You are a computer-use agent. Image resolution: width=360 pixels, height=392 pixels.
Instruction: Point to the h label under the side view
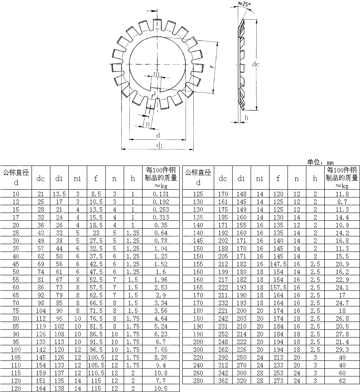click(247, 118)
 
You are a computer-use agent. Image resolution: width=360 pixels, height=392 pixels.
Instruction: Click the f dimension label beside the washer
click(211, 68)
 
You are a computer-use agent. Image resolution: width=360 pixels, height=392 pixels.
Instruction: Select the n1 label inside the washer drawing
click(156, 74)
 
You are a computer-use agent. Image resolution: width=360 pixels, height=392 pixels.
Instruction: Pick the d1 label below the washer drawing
click(159, 145)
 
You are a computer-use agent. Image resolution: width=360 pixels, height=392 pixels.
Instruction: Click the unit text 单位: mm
click(321, 162)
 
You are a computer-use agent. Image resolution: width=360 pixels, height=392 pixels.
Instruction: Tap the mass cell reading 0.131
click(161, 194)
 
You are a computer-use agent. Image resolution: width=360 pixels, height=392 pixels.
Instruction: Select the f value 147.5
click(278, 264)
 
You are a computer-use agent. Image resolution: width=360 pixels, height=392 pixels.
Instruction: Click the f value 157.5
click(278, 287)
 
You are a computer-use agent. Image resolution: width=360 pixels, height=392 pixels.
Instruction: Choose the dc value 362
click(223, 381)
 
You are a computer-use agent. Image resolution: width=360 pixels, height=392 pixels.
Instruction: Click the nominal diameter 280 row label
click(198, 381)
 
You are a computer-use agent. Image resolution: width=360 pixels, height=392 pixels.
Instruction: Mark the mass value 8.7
click(342, 202)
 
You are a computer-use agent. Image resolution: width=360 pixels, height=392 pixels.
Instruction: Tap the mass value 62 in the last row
click(342, 381)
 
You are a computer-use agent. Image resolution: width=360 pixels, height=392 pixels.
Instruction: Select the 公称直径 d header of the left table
click(16, 177)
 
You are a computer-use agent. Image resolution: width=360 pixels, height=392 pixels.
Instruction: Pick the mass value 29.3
click(342, 349)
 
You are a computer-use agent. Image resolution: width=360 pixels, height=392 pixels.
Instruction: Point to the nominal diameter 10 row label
click(16, 194)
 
